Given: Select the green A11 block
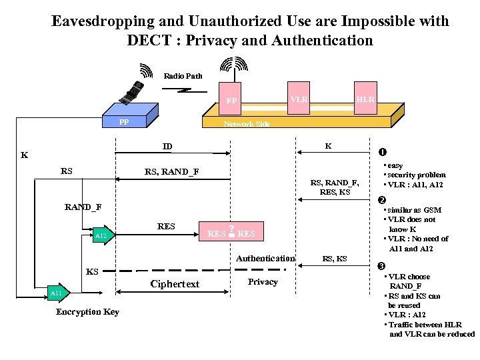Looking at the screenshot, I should (57, 293).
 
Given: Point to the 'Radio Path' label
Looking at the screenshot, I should (183, 76).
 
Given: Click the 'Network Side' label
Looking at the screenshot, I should (247, 125).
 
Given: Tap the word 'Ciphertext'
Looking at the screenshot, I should (175, 284).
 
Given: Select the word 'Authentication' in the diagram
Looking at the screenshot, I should (265, 259).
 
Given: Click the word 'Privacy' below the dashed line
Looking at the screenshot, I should (263, 282).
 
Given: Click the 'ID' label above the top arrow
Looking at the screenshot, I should (167, 147).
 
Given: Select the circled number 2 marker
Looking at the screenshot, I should (382, 200).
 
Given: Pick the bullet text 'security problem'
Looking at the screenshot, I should (416, 175).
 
